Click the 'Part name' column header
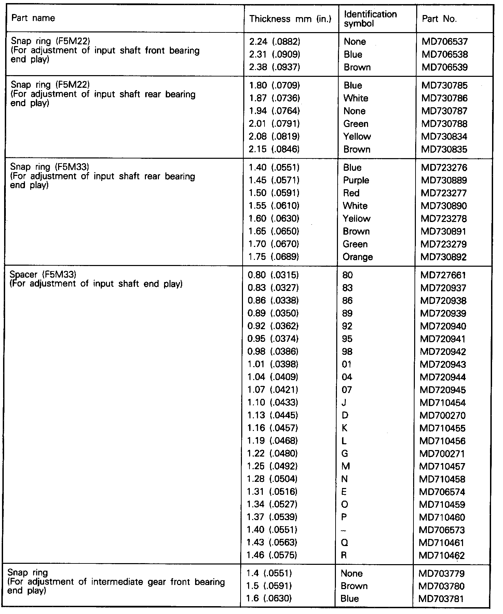[x=33, y=18]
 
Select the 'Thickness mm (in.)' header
[x=290, y=19]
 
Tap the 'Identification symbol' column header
[x=370, y=19]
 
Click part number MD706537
[x=445, y=42]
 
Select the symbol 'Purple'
[x=356, y=180]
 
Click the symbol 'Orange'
[x=357, y=257]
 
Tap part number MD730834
[x=444, y=137]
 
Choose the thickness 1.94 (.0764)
[x=274, y=111]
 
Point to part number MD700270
[x=443, y=416]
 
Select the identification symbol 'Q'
[x=345, y=543]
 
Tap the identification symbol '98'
[x=347, y=352]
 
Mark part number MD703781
[x=441, y=599]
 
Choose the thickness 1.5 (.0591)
[x=269, y=586]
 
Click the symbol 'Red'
[x=351, y=193]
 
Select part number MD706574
[x=443, y=492]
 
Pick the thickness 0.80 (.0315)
[x=273, y=275]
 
